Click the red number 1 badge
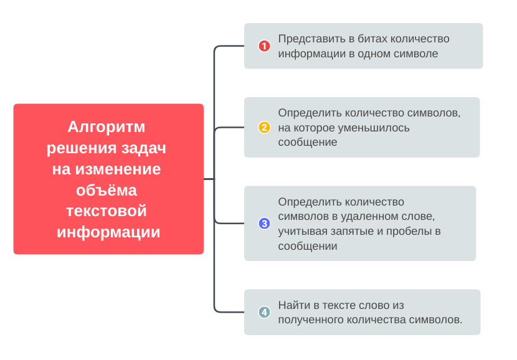(x=264, y=46)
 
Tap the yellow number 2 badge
(x=264, y=128)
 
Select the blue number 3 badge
(x=264, y=224)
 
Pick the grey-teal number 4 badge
(x=264, y=312)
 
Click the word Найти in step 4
(x=293, y=305)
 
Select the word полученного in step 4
(x=310, y=320)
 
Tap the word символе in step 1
(x=415, y=54)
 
